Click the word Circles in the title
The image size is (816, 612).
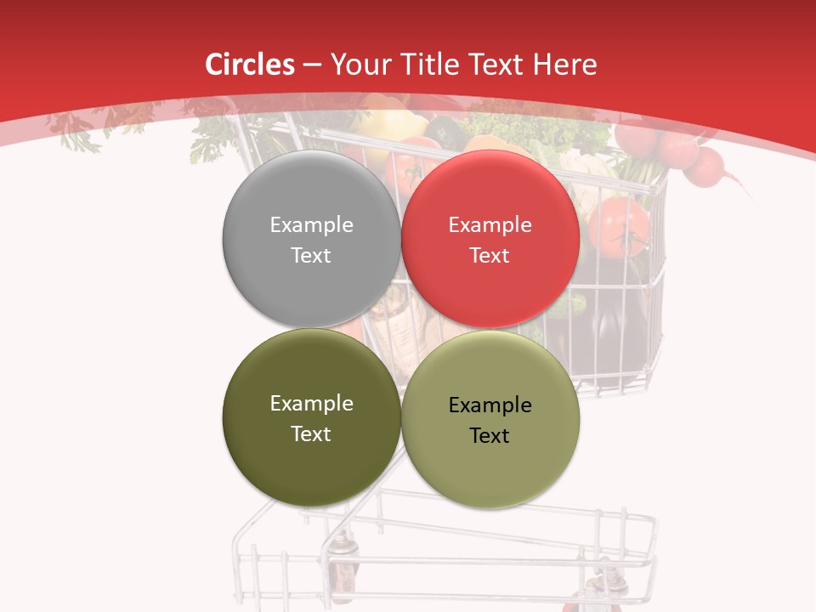pyautogui.click(x=250, y=65)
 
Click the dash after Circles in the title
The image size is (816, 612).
pyautogui.click(x=312, y=65)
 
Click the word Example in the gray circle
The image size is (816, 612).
pyautogui.click(x=311, y=225)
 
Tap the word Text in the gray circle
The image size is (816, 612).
pyautogui.click(x=311, y=256)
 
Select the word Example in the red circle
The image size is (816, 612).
pyautogui.click(x=490, y=225)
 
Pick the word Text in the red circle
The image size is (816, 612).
pyautogui.click(x=490, y=256)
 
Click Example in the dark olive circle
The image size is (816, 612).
pyautogui.click(x=311, y=404)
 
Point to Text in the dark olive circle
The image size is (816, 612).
pyautogui.click(x=311, y=434)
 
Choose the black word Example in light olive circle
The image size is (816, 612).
pyautogui.click(x=490, y=405)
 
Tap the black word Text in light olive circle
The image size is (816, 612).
pyautogui.click(x=490, y=436)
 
